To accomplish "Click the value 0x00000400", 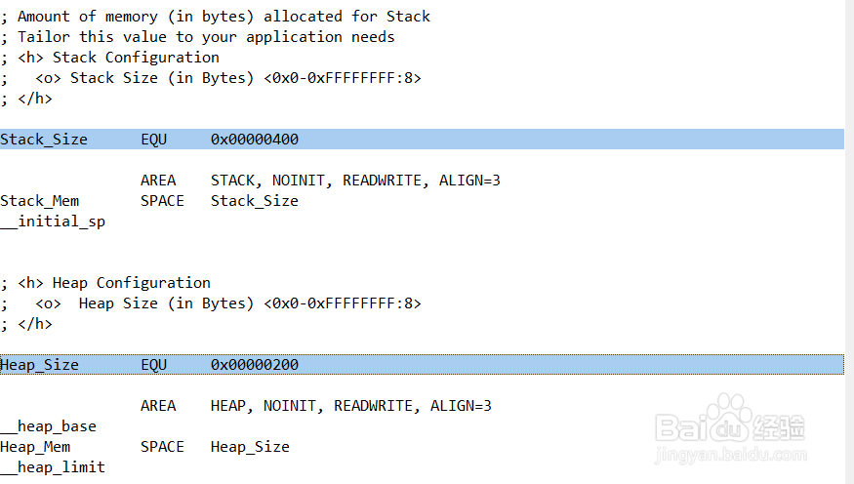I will click(254, 140).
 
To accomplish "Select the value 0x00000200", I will click(254, 365).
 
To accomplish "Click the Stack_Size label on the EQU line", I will click(44, 140).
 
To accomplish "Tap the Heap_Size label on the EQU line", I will click(40, 365).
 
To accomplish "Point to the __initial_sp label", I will click(53, 222).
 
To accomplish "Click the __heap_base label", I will click(49, 426).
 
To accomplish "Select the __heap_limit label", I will click(53, 467).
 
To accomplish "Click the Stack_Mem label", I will click(40, 201).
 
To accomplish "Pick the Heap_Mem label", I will click(35, 447).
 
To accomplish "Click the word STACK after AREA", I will click(232, 181).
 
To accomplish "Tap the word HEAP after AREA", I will click(228, 406).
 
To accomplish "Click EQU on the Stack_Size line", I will click(153, 140).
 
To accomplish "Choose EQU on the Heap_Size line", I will click(153, 365).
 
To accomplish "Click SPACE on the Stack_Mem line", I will click(162, 201).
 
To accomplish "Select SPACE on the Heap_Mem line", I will click(162, 447).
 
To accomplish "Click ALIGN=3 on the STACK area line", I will click(469, 181).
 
